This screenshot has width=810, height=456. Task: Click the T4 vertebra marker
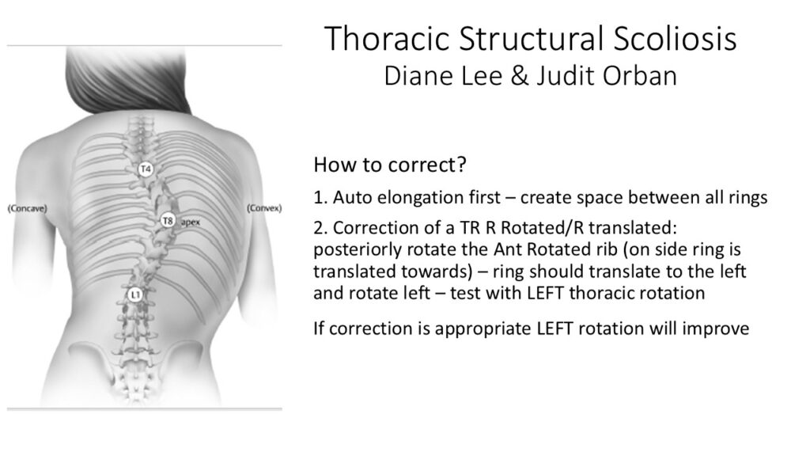click(146, 169)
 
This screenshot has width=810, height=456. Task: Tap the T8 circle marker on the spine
click(168, 222)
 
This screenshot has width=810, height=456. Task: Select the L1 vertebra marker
click(134, 294)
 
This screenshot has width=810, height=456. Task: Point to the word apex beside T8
click(190, 222)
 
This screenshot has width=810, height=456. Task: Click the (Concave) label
click(28, 208)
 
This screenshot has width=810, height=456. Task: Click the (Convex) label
click(264, 208)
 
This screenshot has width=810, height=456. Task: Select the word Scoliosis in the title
click(676, 39)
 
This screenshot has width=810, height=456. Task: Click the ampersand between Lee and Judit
click(520, 76)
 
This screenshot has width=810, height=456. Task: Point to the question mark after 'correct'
click(461, 165)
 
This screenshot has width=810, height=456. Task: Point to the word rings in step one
click(746, 198)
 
